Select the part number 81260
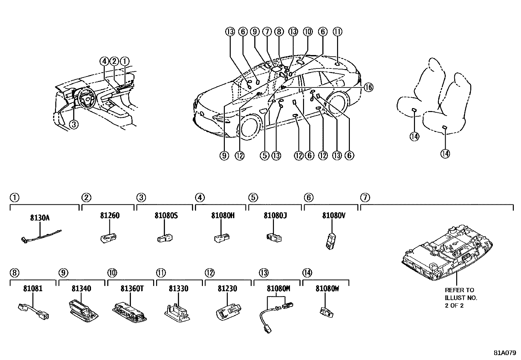[110, 216]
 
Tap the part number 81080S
[166, 216]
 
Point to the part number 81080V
[333, 216]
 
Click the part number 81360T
[130, 289]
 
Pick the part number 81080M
[278, 289]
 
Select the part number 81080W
[327, 289]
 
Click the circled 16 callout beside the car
[368, 87]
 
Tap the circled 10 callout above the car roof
[308, 31]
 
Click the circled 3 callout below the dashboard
[74, 124]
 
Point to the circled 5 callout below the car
[265, 156]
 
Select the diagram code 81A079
[505, 353]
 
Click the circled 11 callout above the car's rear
[337, 31]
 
